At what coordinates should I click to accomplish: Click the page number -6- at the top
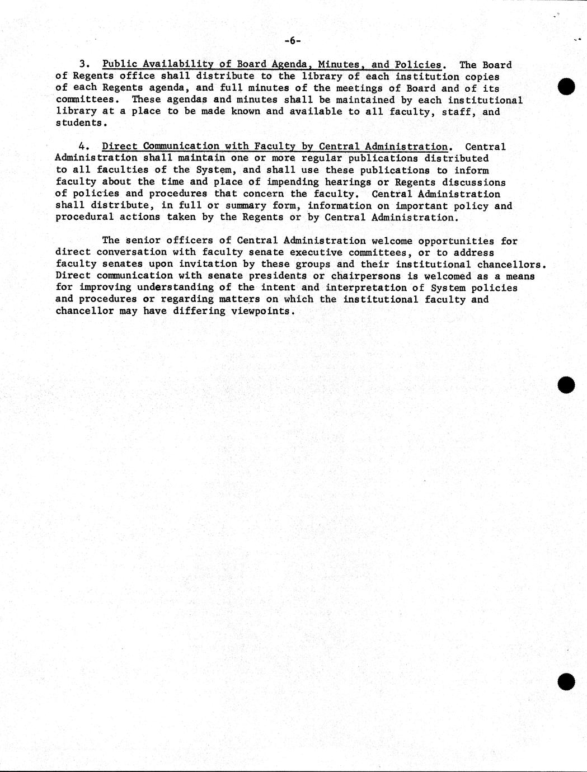coord(293,40)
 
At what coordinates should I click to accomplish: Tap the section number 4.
coord(84,147)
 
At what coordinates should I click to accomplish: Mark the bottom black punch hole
coord(566,681)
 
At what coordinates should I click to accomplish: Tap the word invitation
coord(207,264)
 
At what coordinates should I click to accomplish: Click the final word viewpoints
coord(260,311)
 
